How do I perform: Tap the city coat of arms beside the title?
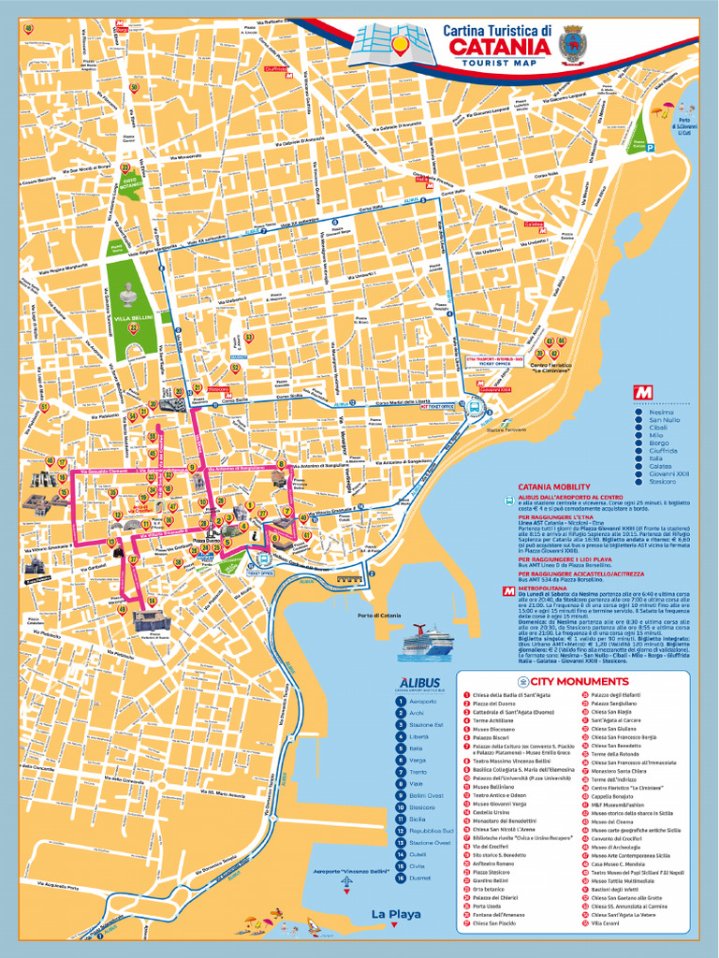[x=571, y=44]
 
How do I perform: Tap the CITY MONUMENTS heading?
[x=579, y=681]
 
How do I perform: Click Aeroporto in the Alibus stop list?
[x=422, y=701]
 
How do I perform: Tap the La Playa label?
[x=395, y=914]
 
